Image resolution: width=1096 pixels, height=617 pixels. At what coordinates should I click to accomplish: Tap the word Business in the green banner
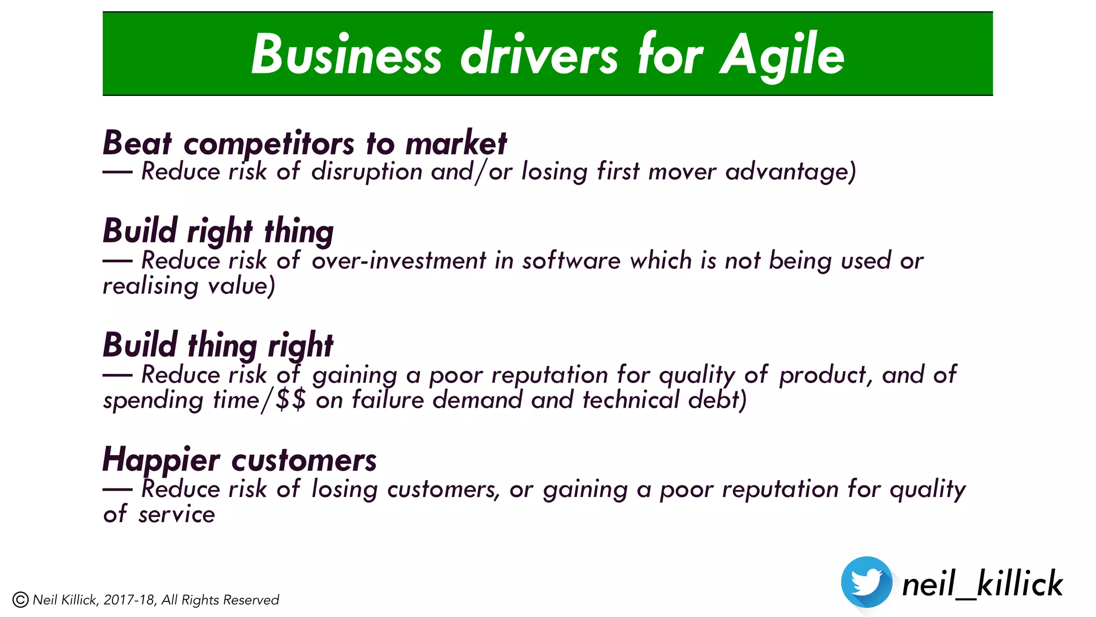346,55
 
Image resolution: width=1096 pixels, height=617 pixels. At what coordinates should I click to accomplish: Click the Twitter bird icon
866,582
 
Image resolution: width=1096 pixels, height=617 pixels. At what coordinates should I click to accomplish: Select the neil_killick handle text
982,584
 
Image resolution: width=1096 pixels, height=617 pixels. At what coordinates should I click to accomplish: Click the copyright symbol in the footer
20,600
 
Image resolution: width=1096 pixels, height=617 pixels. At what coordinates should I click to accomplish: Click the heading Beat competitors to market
305,144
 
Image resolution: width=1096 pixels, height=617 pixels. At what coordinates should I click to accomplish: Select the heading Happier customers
239,460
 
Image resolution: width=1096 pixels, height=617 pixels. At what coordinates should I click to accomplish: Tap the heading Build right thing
218,231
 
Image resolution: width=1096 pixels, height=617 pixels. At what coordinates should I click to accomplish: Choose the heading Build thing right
218,345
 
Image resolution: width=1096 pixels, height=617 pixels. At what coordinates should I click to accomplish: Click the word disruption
367,172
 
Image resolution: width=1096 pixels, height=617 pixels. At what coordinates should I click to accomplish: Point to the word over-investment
399,261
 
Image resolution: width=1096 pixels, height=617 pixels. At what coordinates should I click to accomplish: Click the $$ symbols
291,400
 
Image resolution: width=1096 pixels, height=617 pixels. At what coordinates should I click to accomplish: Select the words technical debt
664,400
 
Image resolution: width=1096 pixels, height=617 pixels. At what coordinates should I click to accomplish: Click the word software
571,261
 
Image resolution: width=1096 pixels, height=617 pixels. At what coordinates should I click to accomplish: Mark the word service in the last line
176,515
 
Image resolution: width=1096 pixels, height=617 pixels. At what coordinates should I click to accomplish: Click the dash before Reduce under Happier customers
117,489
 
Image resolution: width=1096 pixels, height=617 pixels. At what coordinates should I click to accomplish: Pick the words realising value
188,286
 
